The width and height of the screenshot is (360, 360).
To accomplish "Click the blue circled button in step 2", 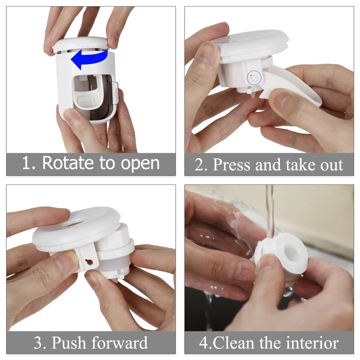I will pyautogui.click(x=254, y=78).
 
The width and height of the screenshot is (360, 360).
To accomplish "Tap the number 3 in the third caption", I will pyautogui.click(x=38, y=343).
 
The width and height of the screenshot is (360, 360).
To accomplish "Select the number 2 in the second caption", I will pyautogui.click(x=199, y=164).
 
